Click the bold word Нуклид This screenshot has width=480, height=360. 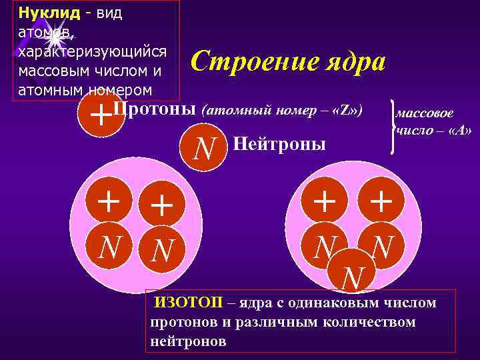pyautogui.click(x=49, y=13)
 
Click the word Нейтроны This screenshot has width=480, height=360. pyautogui.click(x=279, y=143)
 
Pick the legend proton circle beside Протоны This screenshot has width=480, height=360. pyautogui.click(x=99, y=115)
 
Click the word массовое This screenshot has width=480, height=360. pyautogui.click(x=425, y=114)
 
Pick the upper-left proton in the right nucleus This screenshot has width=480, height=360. pyautogui.click(x=325, y=201)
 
